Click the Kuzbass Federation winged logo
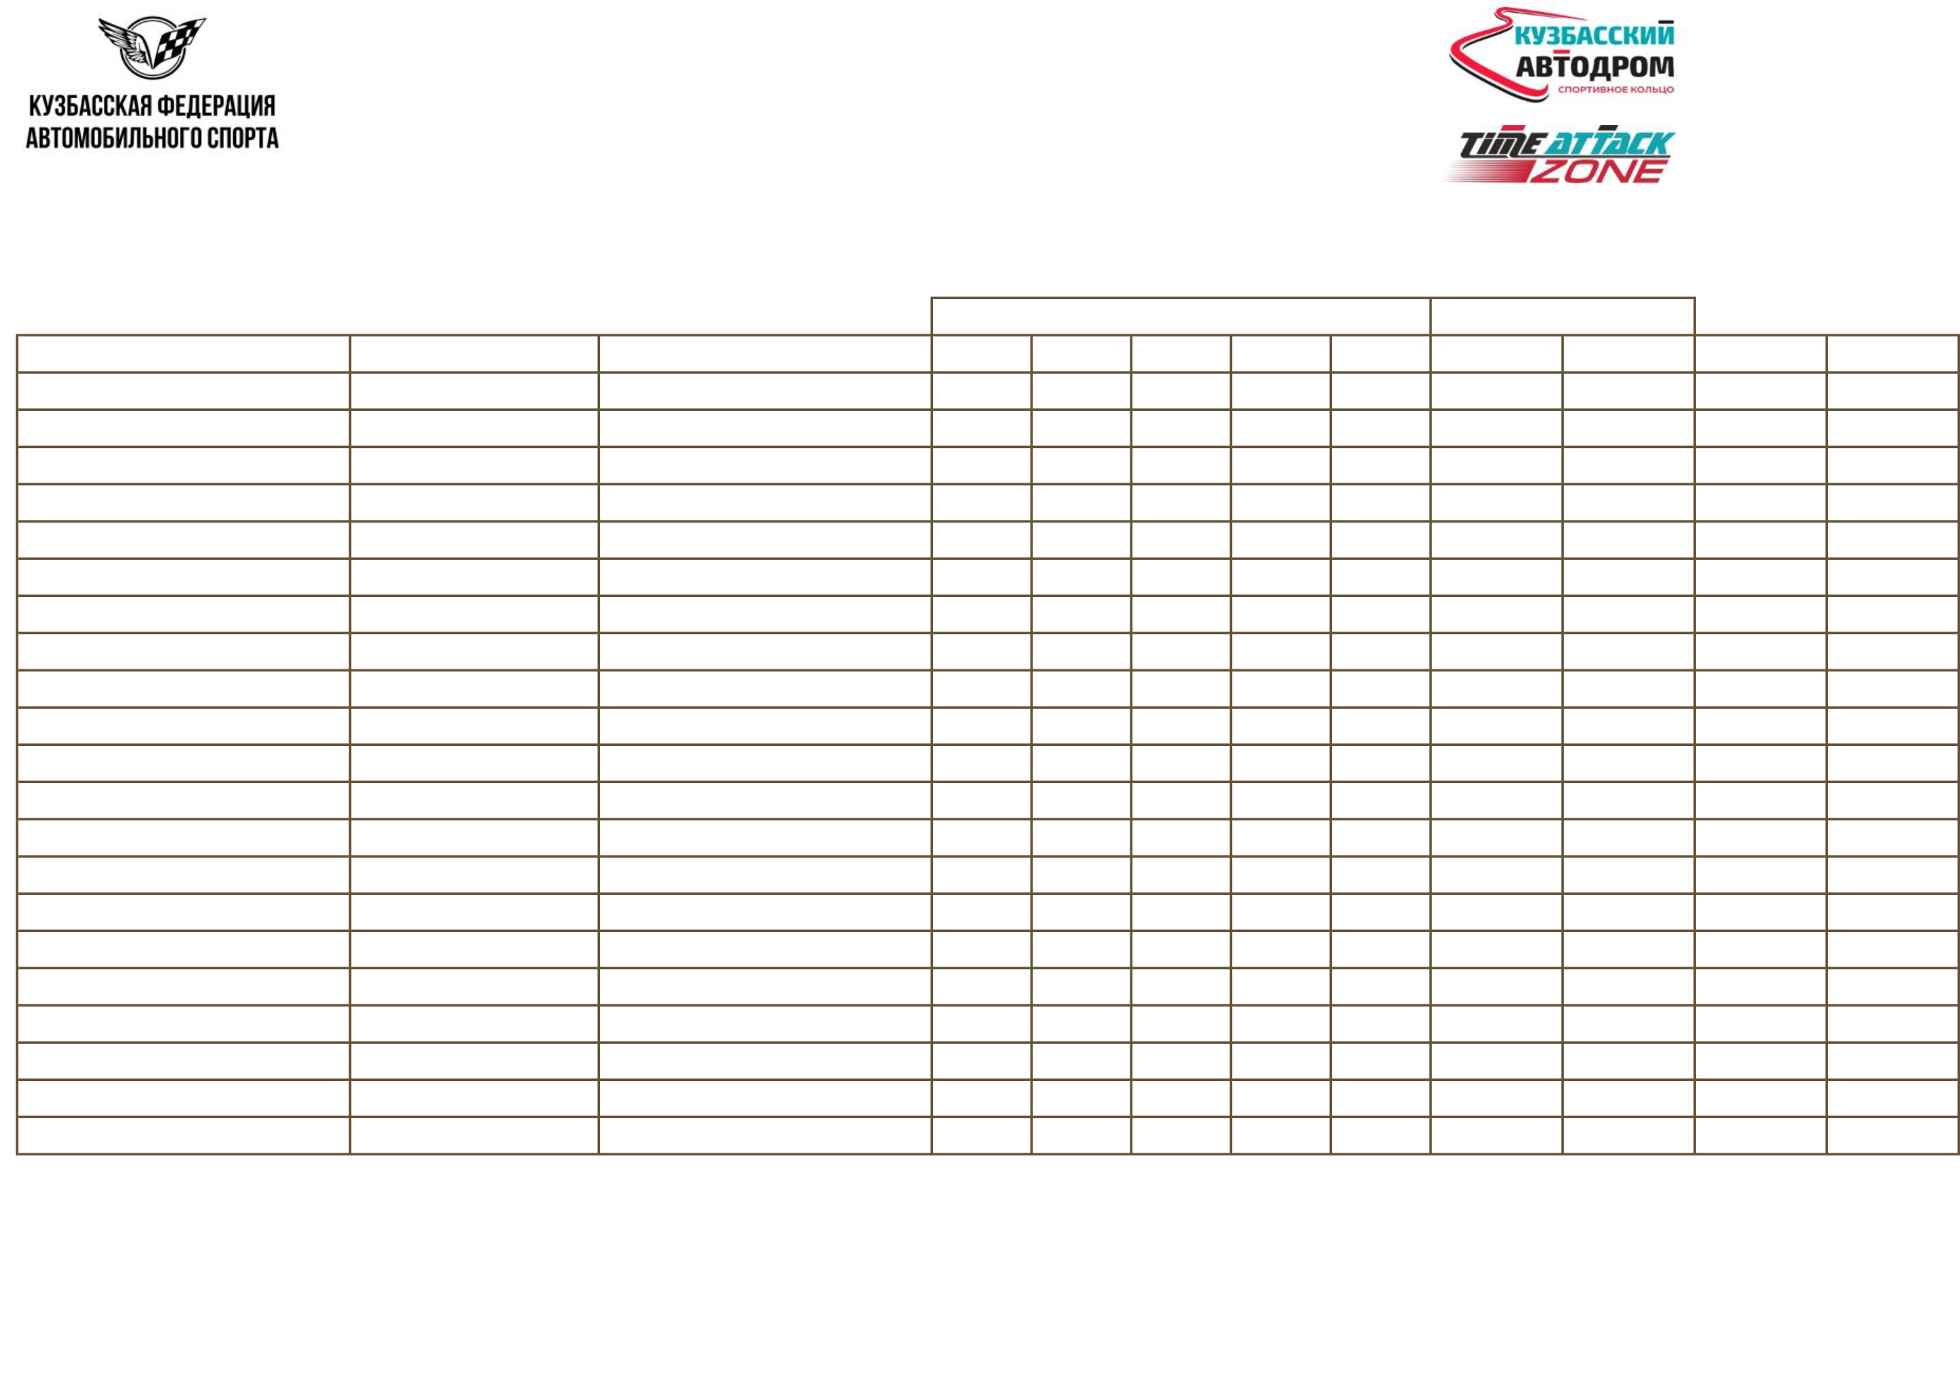(x=151, y=83)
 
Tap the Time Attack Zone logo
(x=1558, y=154)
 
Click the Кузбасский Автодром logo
(x=1562, y=55)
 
